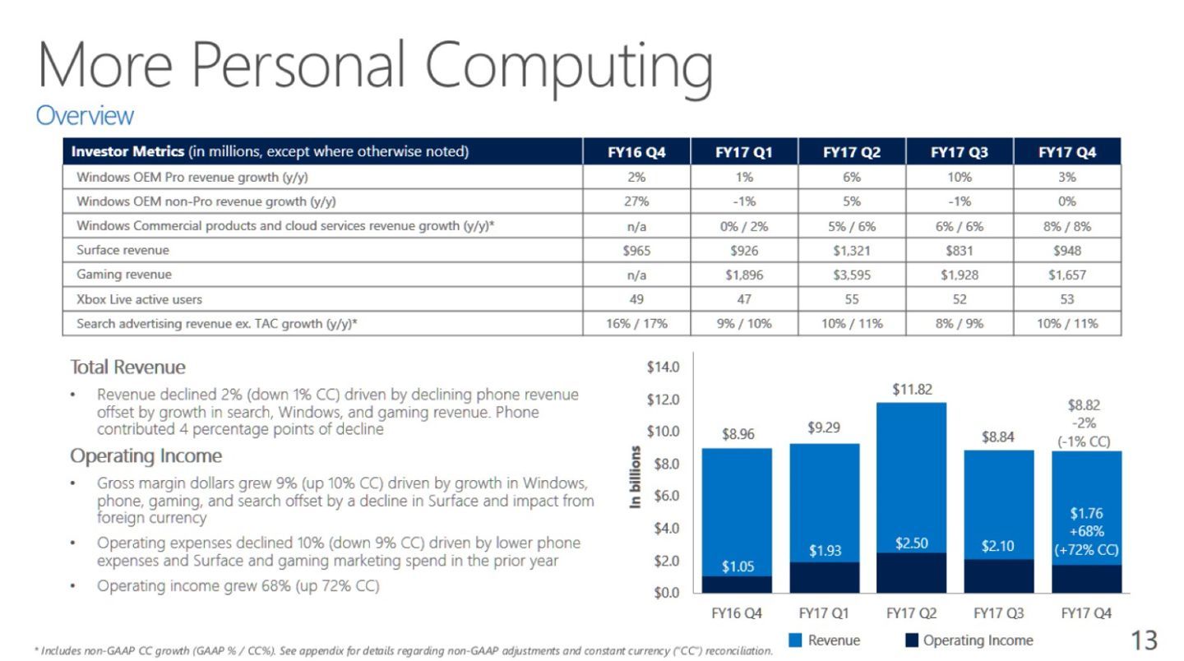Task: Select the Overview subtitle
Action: (84, 116)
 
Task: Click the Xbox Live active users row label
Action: (139, 300)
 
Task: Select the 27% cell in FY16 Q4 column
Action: (636, 201)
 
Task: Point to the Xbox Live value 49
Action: (636, 300)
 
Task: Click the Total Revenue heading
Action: (127, 367)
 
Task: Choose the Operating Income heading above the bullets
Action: (146, 455)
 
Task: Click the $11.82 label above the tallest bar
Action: (912, 389)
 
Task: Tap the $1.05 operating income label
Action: (737, 567)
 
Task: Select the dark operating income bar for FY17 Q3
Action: (999, 575)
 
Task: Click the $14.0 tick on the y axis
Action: (664, 367)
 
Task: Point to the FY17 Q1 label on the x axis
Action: (825, 613)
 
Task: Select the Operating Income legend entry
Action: (969, 640)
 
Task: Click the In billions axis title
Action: (635, 477)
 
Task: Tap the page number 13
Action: (1144, 640)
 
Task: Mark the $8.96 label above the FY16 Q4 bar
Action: (737, 435)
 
